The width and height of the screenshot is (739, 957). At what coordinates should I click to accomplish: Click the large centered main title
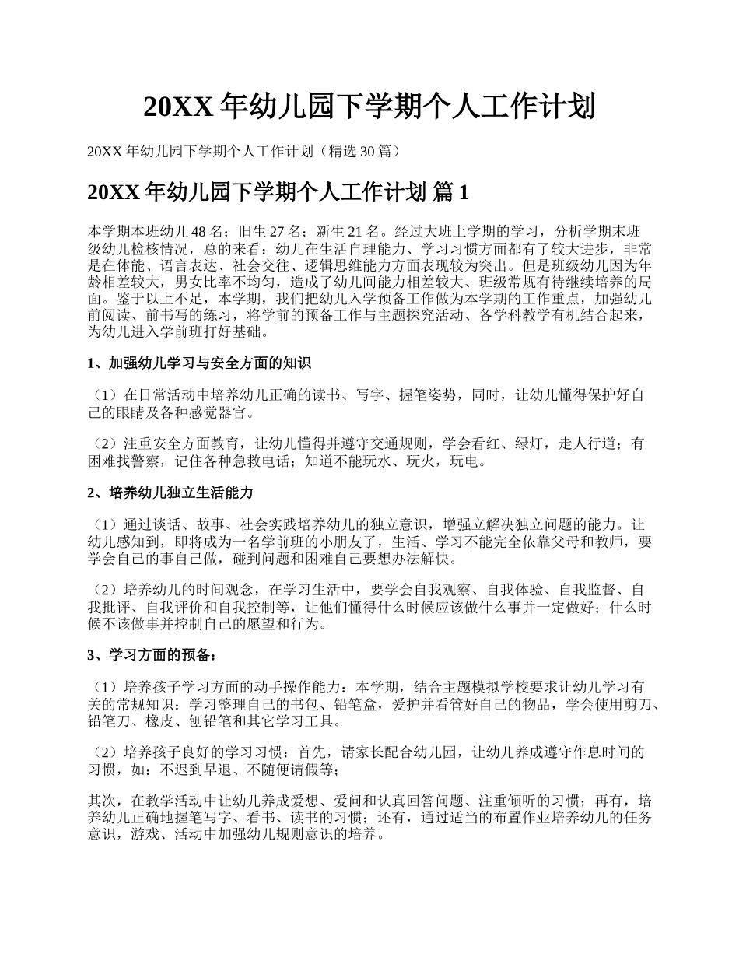coord(369,107)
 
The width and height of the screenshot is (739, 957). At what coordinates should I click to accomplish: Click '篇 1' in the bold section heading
coord(450,192)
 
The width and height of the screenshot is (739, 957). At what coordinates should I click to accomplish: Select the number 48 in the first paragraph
coord(198,231)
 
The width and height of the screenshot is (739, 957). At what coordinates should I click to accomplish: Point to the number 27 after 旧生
coord(273,231)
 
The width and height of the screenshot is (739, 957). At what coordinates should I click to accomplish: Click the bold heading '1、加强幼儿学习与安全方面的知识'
coord(199,363)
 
